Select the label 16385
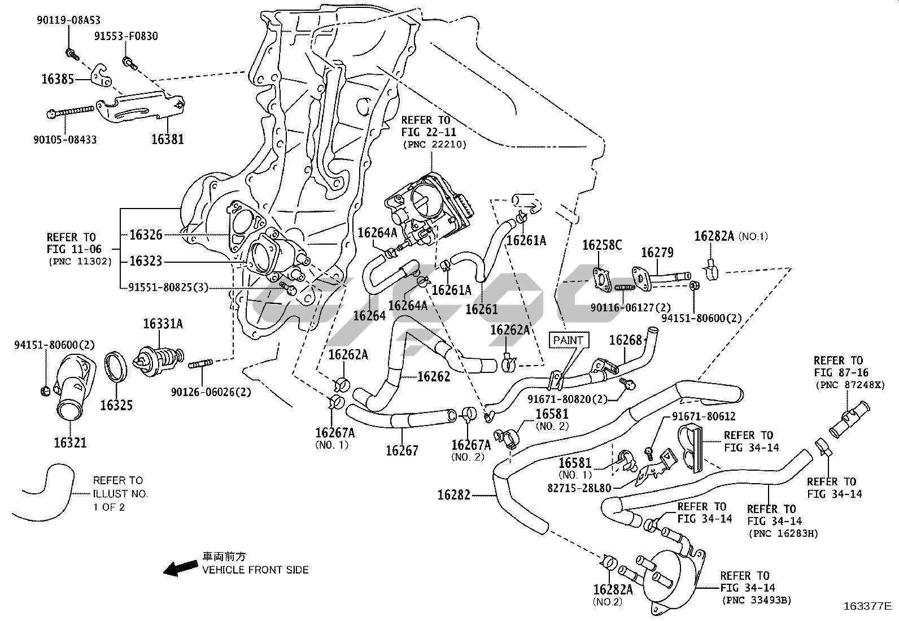tap(58, 79)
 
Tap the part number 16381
tap(167, 138)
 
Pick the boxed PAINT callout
tap(568, 340)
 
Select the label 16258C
tap(602, 245)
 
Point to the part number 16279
tap(657, 252)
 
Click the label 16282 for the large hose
tap(453, 496)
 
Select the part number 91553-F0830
tap(126, 36)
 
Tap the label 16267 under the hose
tap(402, 450)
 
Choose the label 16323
tap(145, 261)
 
